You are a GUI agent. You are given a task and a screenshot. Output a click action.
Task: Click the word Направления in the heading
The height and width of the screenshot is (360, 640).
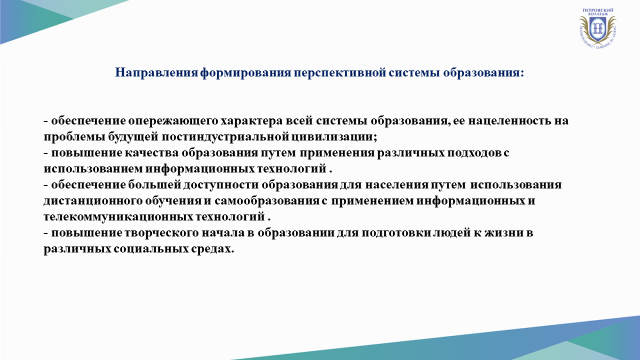[157, 73]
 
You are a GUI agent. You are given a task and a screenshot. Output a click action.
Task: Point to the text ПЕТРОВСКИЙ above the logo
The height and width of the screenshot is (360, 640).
[598, 10]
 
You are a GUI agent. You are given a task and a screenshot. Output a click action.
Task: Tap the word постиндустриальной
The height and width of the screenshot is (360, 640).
[226, 137]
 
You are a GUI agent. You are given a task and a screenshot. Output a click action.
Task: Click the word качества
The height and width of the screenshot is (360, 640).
[151, 153]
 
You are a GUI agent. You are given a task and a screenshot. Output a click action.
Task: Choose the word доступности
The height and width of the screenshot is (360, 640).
[221, 186]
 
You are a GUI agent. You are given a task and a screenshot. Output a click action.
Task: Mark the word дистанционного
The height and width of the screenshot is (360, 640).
[93, 202]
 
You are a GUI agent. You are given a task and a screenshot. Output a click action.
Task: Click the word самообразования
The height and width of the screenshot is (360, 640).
[267, 201]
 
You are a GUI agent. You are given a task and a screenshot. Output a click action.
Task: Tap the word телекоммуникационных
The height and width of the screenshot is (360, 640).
[118, 217]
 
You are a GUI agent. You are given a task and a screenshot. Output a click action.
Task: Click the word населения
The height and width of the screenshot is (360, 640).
[397, 186]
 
